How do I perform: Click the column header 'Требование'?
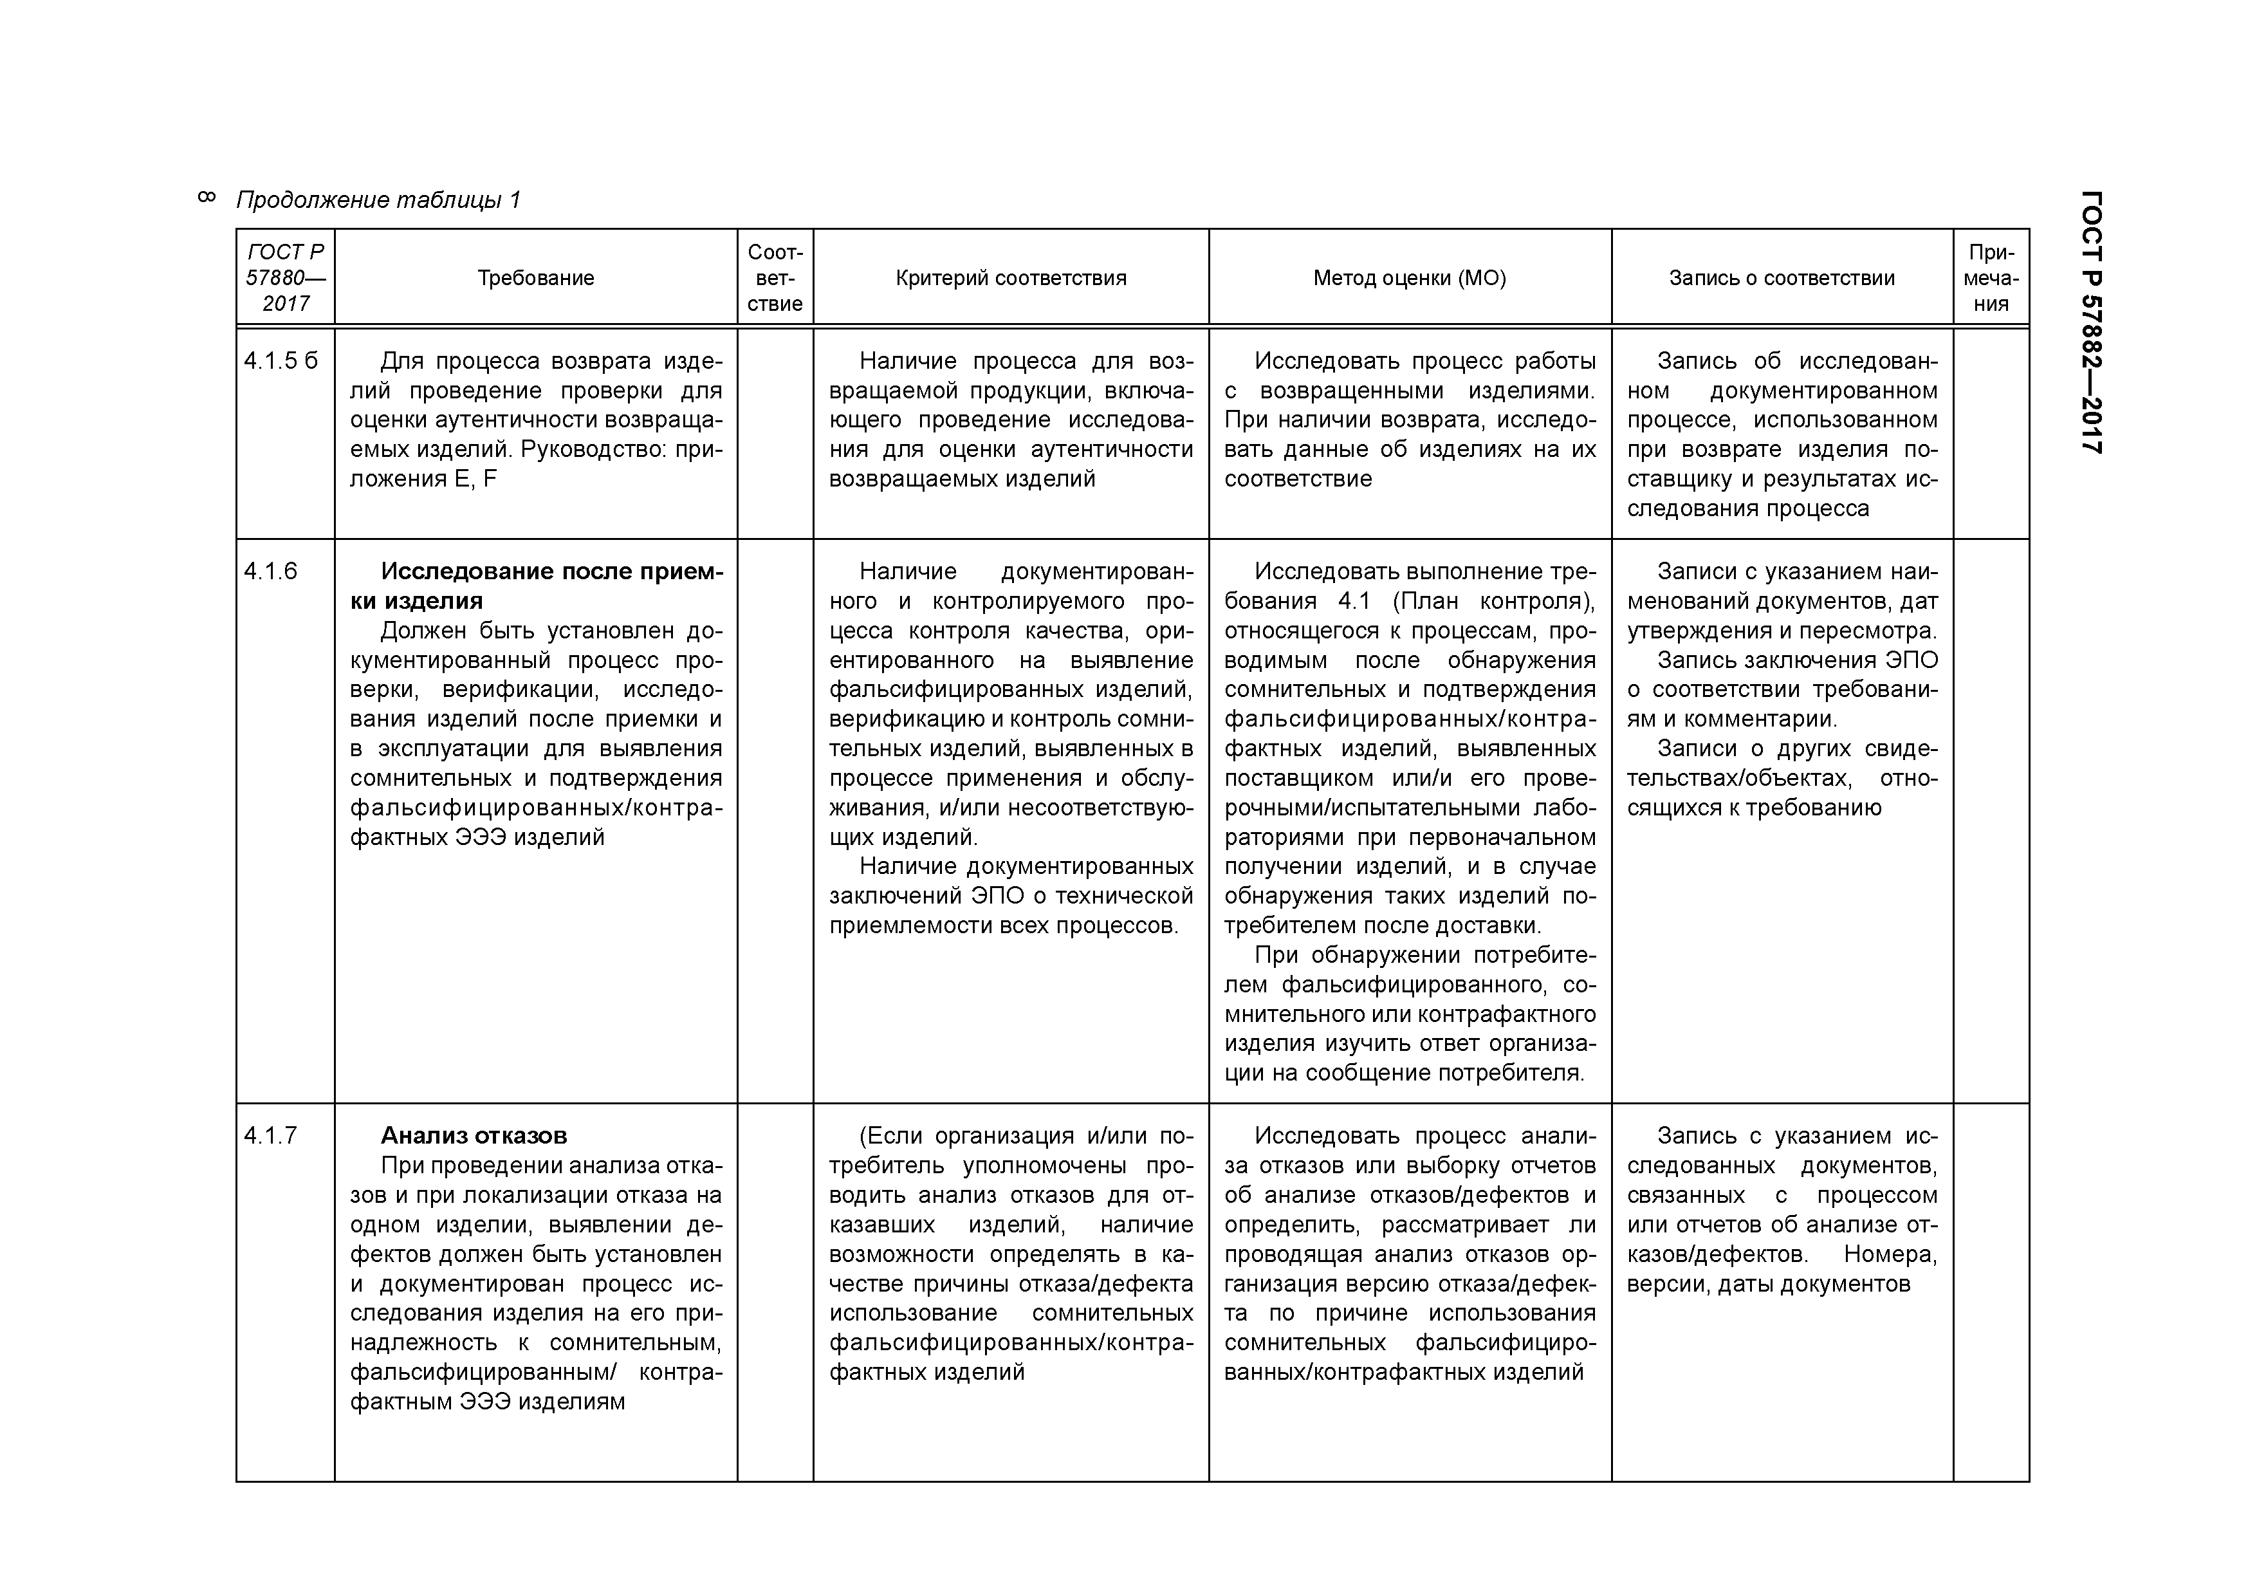point(536,278)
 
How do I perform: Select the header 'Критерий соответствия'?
point(1011,278)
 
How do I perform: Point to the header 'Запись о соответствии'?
point(1782,278)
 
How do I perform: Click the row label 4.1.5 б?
point(281,361)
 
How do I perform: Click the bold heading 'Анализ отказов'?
point(474,1136)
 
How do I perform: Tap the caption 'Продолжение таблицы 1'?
point(378,201)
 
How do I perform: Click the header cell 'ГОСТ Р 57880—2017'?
point(285,278)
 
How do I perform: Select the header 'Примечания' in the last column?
point(1991,278)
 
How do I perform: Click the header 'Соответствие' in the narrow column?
point(775,278)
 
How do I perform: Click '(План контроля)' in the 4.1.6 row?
point(1493,602)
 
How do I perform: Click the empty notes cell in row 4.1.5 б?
point(1991,432)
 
